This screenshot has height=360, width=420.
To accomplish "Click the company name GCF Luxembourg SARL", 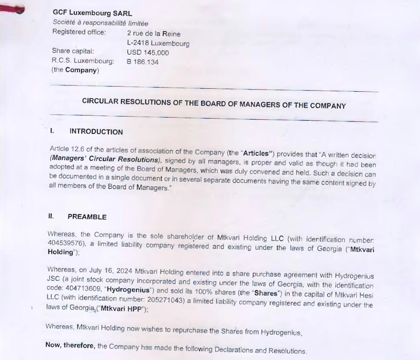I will click(92, 13).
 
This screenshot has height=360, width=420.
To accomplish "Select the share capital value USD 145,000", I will click(148, 53).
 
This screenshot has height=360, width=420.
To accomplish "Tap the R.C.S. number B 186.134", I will click(142, 62).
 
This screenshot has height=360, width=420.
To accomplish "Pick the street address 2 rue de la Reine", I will click(154, 34).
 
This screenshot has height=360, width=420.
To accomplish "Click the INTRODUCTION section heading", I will click(96, 132).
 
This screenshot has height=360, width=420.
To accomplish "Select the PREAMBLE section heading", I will click(87, 217).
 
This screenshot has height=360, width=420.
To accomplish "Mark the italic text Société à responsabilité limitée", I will click(100, 23).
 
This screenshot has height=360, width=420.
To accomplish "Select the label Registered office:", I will click(78, 31).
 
